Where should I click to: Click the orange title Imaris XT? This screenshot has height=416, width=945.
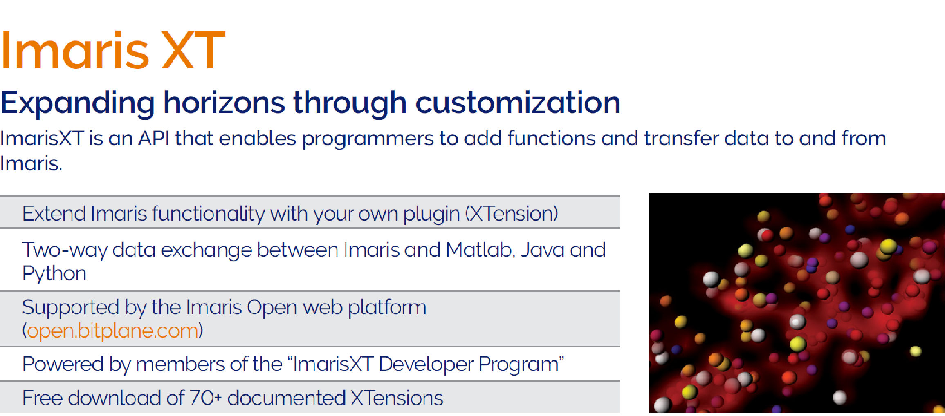[x=113, y=50]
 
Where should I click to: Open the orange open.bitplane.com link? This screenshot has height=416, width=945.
[x=112, y=331]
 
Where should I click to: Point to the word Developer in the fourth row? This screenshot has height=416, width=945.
[x=426, y=364]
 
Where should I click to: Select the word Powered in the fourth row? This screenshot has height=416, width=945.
[x=63, y=364]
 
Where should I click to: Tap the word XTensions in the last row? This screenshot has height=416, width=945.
[x=397, y=398]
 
